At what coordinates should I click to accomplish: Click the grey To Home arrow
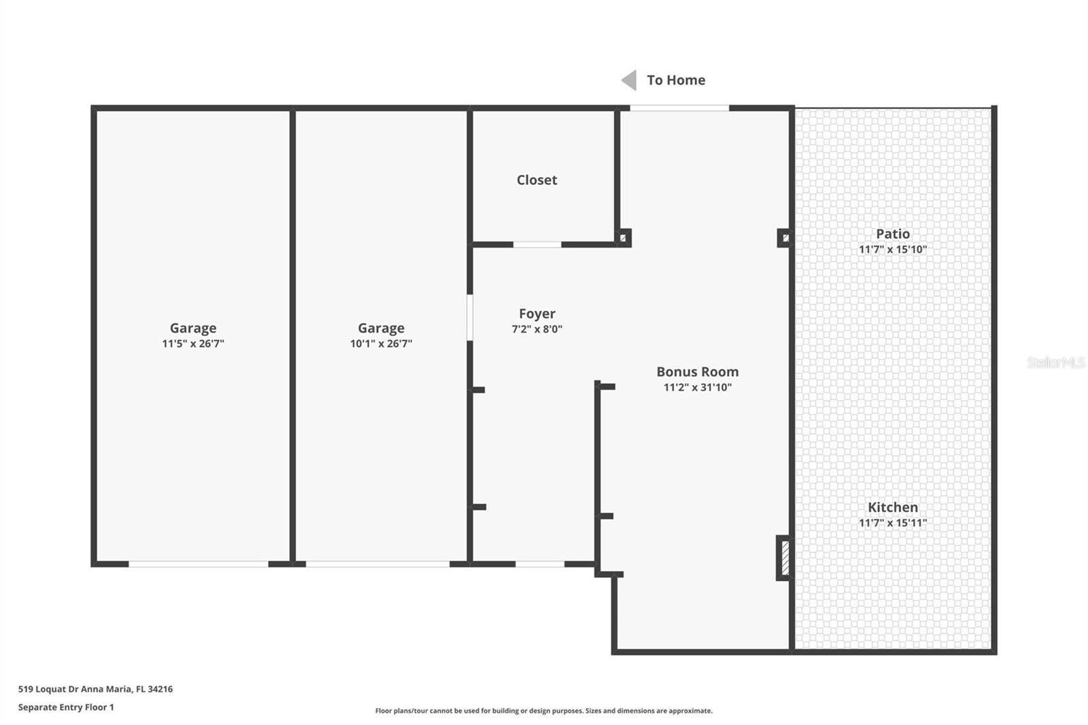coord(630,80)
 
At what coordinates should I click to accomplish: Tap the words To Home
coord(676,80)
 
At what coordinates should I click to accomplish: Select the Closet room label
coord(537,180)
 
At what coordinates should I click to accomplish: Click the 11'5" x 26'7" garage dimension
coord(193,344)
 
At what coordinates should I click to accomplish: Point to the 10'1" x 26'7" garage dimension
coord(381,344)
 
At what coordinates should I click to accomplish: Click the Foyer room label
coord(537,314)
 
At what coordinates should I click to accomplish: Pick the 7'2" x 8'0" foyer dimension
coord(537,329)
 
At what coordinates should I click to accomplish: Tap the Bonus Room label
coord(697,372)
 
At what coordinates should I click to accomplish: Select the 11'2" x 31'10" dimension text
coord(697,388)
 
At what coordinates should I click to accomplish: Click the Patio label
coord(892,234)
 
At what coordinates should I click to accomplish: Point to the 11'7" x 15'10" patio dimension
coord(892,250)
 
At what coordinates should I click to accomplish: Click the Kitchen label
coord(892,507)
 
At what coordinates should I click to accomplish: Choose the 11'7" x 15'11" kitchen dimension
coord(892,523)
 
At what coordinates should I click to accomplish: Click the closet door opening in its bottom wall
coord(537,245)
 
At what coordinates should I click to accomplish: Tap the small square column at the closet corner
coord(623,238)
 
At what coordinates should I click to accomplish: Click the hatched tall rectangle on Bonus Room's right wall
coord(784,558)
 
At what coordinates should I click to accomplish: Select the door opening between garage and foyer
coord(470,317)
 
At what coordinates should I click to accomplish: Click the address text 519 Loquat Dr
coord(95,689)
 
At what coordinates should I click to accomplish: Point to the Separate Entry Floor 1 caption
coord(66,707)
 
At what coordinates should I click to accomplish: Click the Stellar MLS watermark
coord(1055,362)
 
